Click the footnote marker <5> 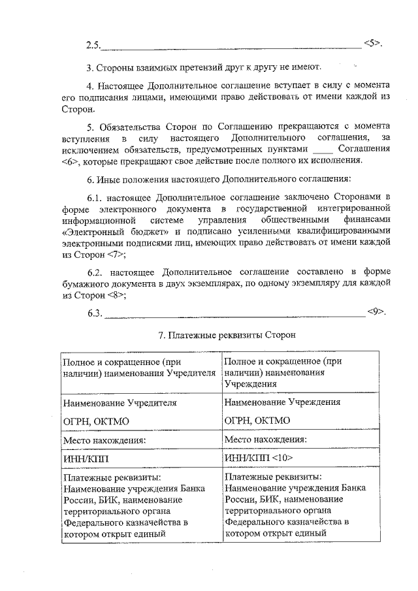(372, 44)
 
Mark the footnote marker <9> (377, 311)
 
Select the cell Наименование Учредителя (120, 403)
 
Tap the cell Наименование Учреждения (281, 402)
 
